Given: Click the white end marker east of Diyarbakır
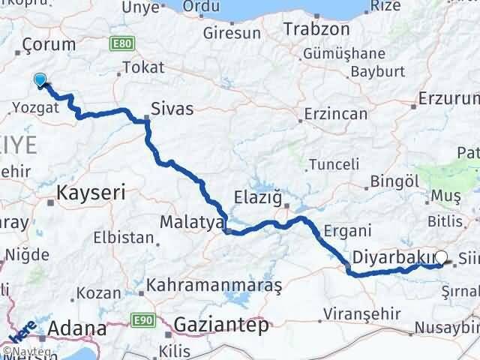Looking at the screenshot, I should coord(441,258).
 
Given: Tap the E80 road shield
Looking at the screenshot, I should coord(121,45).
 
